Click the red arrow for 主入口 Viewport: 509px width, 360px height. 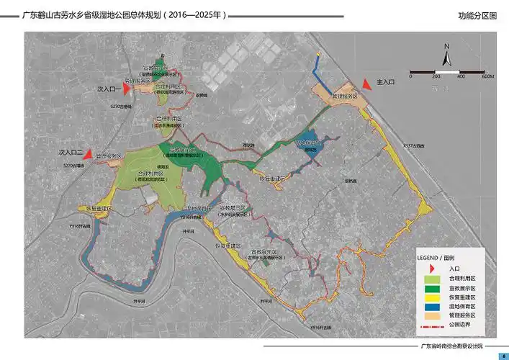pos(366,84)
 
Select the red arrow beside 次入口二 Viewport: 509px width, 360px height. pos(88,153)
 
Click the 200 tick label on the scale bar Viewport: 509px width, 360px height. pos(436,76)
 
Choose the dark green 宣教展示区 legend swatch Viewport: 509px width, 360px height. pos(431,287)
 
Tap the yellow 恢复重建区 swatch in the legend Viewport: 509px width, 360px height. pos(431,297)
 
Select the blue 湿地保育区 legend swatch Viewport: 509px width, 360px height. pos(431,306)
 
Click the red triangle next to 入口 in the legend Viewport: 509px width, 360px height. pos(431,267)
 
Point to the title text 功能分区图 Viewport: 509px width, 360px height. pos(477,14)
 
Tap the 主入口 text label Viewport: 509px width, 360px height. pos(386,83)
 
